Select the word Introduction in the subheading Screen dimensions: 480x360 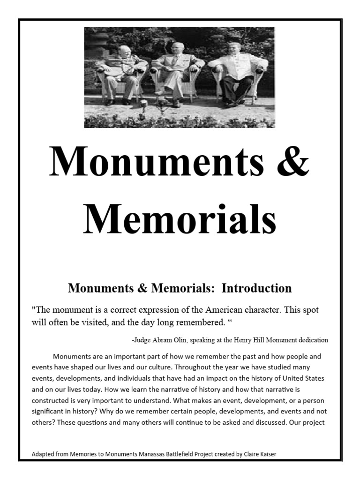pos(256,288)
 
